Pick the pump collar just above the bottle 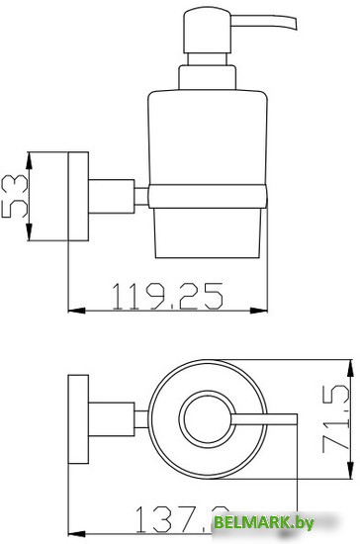coord(207,77)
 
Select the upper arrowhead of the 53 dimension coord(29,156)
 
